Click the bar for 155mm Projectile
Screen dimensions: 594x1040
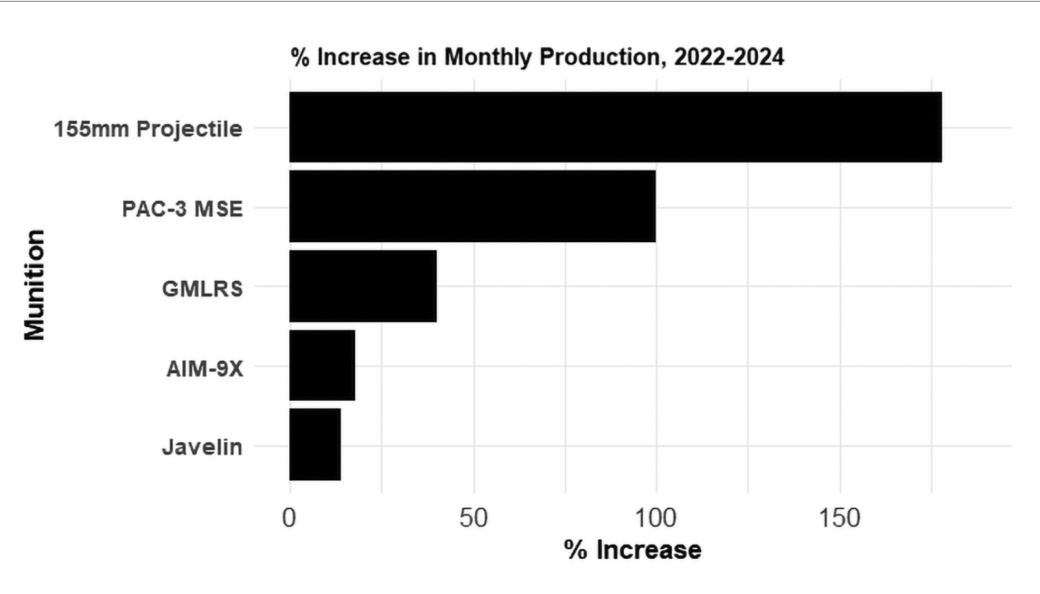615,127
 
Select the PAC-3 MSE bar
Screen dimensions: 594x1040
473,206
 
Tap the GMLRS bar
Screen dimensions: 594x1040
363,286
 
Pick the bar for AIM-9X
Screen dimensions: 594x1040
322,365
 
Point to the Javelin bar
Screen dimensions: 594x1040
315,444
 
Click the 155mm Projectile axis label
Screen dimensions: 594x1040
148,129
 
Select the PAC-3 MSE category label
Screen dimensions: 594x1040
182,209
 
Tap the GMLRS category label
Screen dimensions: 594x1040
202,289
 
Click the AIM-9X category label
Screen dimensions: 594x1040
205,369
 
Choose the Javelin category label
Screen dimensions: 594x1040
202,448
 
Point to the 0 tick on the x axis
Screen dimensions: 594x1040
289,518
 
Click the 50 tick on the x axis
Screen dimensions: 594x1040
473,518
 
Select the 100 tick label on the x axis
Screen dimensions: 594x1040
656,518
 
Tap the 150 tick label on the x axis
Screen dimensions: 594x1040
839,518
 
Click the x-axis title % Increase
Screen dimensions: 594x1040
633,550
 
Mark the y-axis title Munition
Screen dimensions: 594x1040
35,285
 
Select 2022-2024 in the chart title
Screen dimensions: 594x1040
729,57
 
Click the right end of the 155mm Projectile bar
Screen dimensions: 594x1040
939,127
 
